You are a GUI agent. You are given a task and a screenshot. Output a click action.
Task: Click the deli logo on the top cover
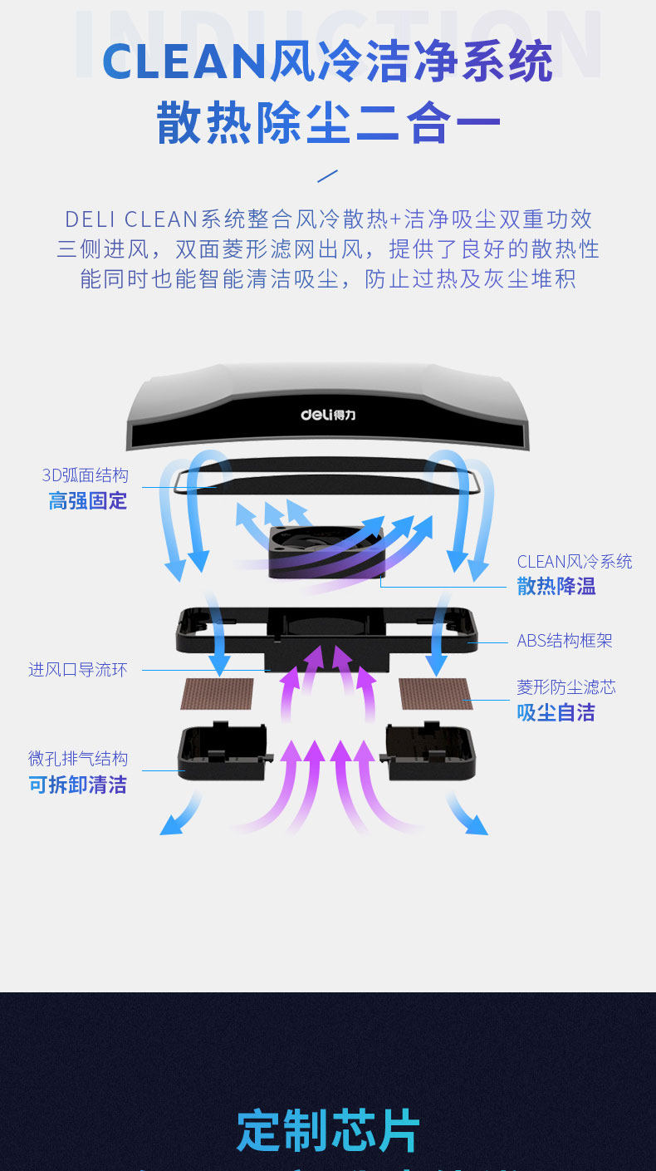click(327, 413)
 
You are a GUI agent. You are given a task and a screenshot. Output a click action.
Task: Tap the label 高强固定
click(87, 501)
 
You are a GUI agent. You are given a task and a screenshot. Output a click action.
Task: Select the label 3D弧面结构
click(86, 475)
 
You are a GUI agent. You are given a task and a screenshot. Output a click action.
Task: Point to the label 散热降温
click(556, 587)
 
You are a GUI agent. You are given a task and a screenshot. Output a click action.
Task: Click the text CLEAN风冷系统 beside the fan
click(574, 562)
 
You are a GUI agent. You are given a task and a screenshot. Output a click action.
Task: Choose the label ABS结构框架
click(565, 641)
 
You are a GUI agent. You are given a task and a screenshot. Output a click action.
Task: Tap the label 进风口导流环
click(78, 670)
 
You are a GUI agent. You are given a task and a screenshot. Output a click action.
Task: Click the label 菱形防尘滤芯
click(566, 687)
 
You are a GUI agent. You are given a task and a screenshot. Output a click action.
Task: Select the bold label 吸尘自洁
click(556, 713)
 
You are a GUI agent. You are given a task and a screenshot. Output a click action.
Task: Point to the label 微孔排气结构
click(78, 759)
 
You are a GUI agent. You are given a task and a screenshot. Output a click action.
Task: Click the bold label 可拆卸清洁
click(78, 785)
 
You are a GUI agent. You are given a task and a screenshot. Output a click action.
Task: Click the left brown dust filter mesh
click(218, 694)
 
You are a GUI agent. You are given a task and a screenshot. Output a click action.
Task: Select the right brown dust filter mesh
click(434, 694)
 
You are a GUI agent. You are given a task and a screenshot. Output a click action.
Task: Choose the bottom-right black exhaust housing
click(430, 753)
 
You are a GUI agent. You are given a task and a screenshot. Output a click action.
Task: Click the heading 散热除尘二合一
click(328, 123)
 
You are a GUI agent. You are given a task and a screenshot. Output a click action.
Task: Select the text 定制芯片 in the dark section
click(328, 1130)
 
